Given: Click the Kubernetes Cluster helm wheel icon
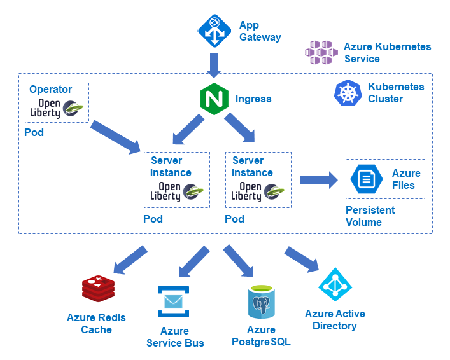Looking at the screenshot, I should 348,93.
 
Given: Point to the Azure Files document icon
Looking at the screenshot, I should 366,179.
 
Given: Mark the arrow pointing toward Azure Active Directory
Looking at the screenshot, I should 301,258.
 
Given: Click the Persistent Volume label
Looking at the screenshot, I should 370,216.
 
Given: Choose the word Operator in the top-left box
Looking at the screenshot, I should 51,90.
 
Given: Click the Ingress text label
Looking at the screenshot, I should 253,99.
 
